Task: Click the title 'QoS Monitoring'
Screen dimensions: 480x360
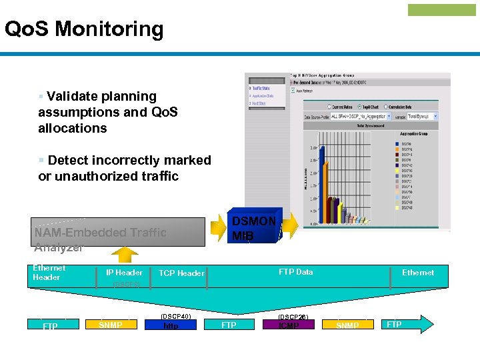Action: pos(84,29)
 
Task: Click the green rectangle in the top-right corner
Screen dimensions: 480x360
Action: pos(432,10)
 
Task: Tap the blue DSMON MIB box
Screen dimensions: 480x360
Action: pos(256,227)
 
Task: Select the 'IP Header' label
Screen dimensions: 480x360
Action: pos(124,273)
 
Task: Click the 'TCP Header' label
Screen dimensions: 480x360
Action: pos(181,273)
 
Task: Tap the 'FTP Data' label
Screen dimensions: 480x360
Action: pos(295,272)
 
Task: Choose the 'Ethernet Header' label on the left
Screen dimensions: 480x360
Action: pos(47,273)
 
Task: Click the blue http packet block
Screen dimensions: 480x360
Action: pos(171,325)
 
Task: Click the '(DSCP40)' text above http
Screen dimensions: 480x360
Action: pos(176,316)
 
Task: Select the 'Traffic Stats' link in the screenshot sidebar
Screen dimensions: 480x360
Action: pos(261,88)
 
